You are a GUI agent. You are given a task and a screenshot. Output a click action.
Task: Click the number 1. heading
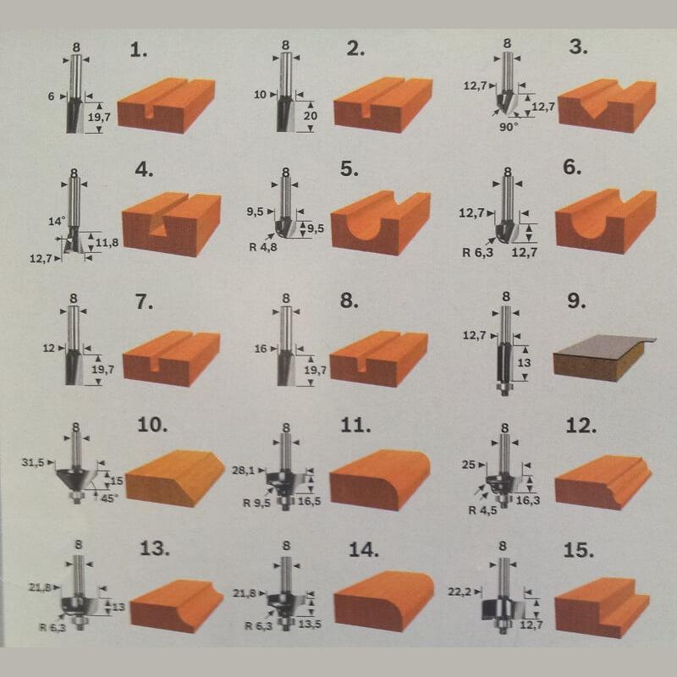[x=139, y=51]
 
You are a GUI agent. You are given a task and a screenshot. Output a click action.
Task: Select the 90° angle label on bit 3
[x=509, y=127]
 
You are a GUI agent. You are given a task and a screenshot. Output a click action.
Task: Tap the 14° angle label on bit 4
[x=57, y=222]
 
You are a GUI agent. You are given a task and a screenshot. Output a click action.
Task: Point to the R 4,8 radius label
[x=263, y=247]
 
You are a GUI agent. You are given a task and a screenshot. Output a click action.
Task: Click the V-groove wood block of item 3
[x=607, y=106]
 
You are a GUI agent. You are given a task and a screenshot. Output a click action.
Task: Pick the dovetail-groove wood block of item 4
[x=172, y=224]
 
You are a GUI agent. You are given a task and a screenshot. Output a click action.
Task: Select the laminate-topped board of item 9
[x=604, y=358]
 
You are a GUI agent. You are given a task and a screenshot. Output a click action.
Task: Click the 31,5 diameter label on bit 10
[x=33, y=462]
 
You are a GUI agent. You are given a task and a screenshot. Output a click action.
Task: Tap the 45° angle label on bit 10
[x=109, y=498]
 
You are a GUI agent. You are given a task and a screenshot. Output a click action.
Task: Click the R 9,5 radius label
[x=257, y=503]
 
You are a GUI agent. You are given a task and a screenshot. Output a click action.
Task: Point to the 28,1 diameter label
[x=244, y=471]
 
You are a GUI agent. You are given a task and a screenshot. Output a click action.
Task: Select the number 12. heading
[x=581, y=427]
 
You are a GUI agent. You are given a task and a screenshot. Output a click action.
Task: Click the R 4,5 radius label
[x=482, y=510]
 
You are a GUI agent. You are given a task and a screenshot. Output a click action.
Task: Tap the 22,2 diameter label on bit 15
[x=460, y=592]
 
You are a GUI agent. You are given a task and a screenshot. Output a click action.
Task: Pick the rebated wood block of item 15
[x=603, y=607]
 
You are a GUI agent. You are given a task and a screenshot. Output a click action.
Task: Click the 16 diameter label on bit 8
[x=261, y=349]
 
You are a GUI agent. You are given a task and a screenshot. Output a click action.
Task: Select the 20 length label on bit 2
[x=310, y=116]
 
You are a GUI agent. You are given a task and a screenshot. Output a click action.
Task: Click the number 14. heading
[x=364, y=551]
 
